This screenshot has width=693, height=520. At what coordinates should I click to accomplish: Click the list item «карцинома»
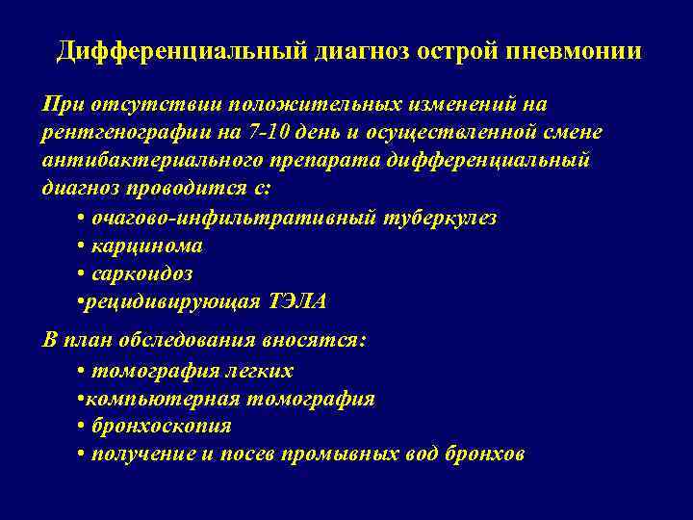pos(147,246)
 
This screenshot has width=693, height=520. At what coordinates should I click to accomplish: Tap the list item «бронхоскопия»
pos(162,426)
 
